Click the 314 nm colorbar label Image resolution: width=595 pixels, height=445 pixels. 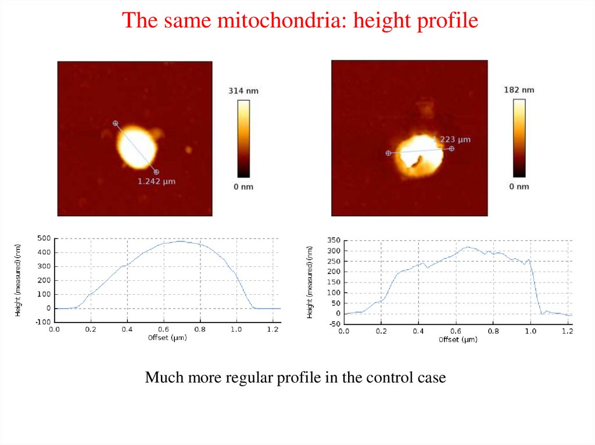pos(244,91)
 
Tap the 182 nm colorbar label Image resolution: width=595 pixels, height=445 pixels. pos(519,90)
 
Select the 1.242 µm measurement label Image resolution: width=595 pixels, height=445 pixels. pos(156,182)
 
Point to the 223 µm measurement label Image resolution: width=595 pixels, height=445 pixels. pos(456,139)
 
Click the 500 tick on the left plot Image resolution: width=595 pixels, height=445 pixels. pos(44,238)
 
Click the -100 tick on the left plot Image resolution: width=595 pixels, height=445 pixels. pos(42,322)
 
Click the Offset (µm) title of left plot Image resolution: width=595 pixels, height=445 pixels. pos(167,337)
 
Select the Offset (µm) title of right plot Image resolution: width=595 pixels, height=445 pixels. pos(458,339)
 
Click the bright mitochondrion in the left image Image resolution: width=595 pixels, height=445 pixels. pos(137,146)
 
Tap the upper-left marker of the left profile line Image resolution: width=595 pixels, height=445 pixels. pos(115,123)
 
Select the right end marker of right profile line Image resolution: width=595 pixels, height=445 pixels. pos(451,149)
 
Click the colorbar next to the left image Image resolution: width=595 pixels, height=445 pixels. pos(244,138)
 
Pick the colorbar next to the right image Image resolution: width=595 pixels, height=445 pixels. pos(519,138)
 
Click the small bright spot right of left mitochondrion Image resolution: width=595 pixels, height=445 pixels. pos(188,150)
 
